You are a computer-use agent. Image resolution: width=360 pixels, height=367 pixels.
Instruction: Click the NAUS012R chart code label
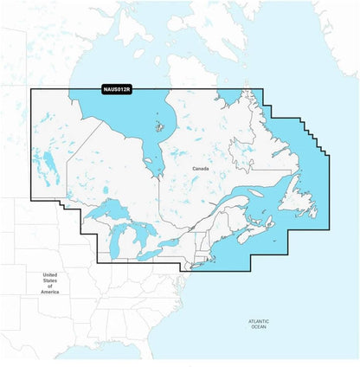[116, 89]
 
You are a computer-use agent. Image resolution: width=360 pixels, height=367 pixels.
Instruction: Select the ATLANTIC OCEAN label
[259, 324]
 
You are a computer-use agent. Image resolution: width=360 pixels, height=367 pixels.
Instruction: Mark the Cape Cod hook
[206, 261]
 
